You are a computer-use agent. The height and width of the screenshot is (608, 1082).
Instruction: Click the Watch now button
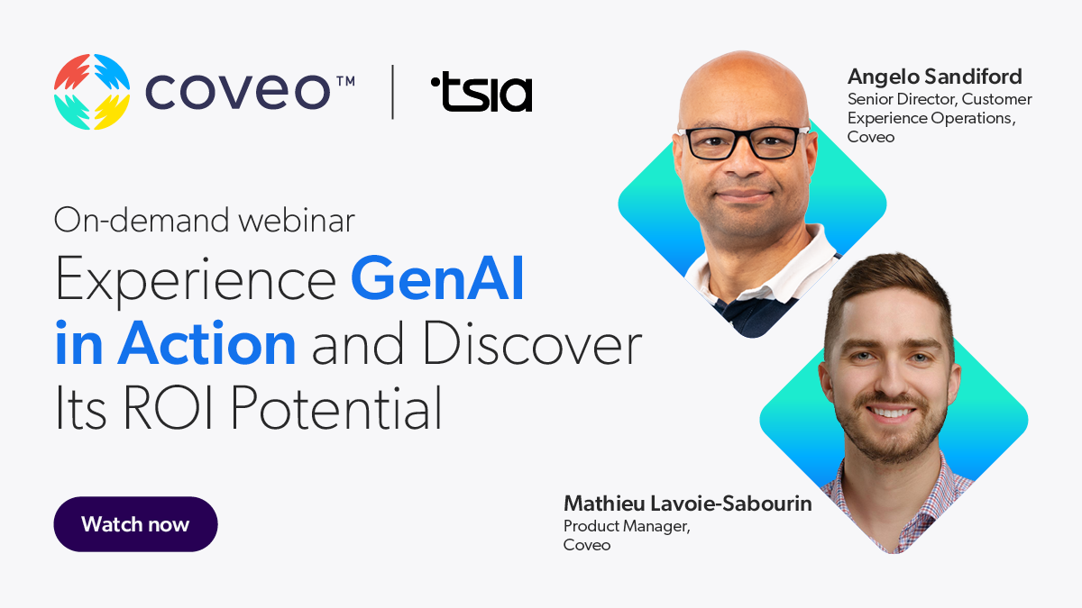click(135, 524)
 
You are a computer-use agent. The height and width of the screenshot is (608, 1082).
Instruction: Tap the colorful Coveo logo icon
click(92, 91)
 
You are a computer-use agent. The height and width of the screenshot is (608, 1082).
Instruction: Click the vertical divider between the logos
click(392, 92)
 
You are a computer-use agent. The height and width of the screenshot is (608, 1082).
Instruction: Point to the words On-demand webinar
click(205, 220)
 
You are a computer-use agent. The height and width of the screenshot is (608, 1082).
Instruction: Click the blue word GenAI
click(437, 280)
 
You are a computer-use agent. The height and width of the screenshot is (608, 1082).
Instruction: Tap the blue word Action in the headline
click(206, 344)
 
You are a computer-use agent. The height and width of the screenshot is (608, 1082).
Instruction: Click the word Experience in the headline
click(196, 280)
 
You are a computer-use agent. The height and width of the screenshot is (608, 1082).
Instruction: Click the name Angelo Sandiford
click(934, 77)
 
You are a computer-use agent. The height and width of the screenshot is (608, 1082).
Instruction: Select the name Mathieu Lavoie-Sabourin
click(687, 504)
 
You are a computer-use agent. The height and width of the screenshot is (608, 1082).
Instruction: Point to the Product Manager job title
click(627, 526)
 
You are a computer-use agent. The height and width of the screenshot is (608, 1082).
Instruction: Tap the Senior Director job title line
click(940, 99)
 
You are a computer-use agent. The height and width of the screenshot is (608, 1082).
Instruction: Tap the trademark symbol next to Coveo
click(344, 80)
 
